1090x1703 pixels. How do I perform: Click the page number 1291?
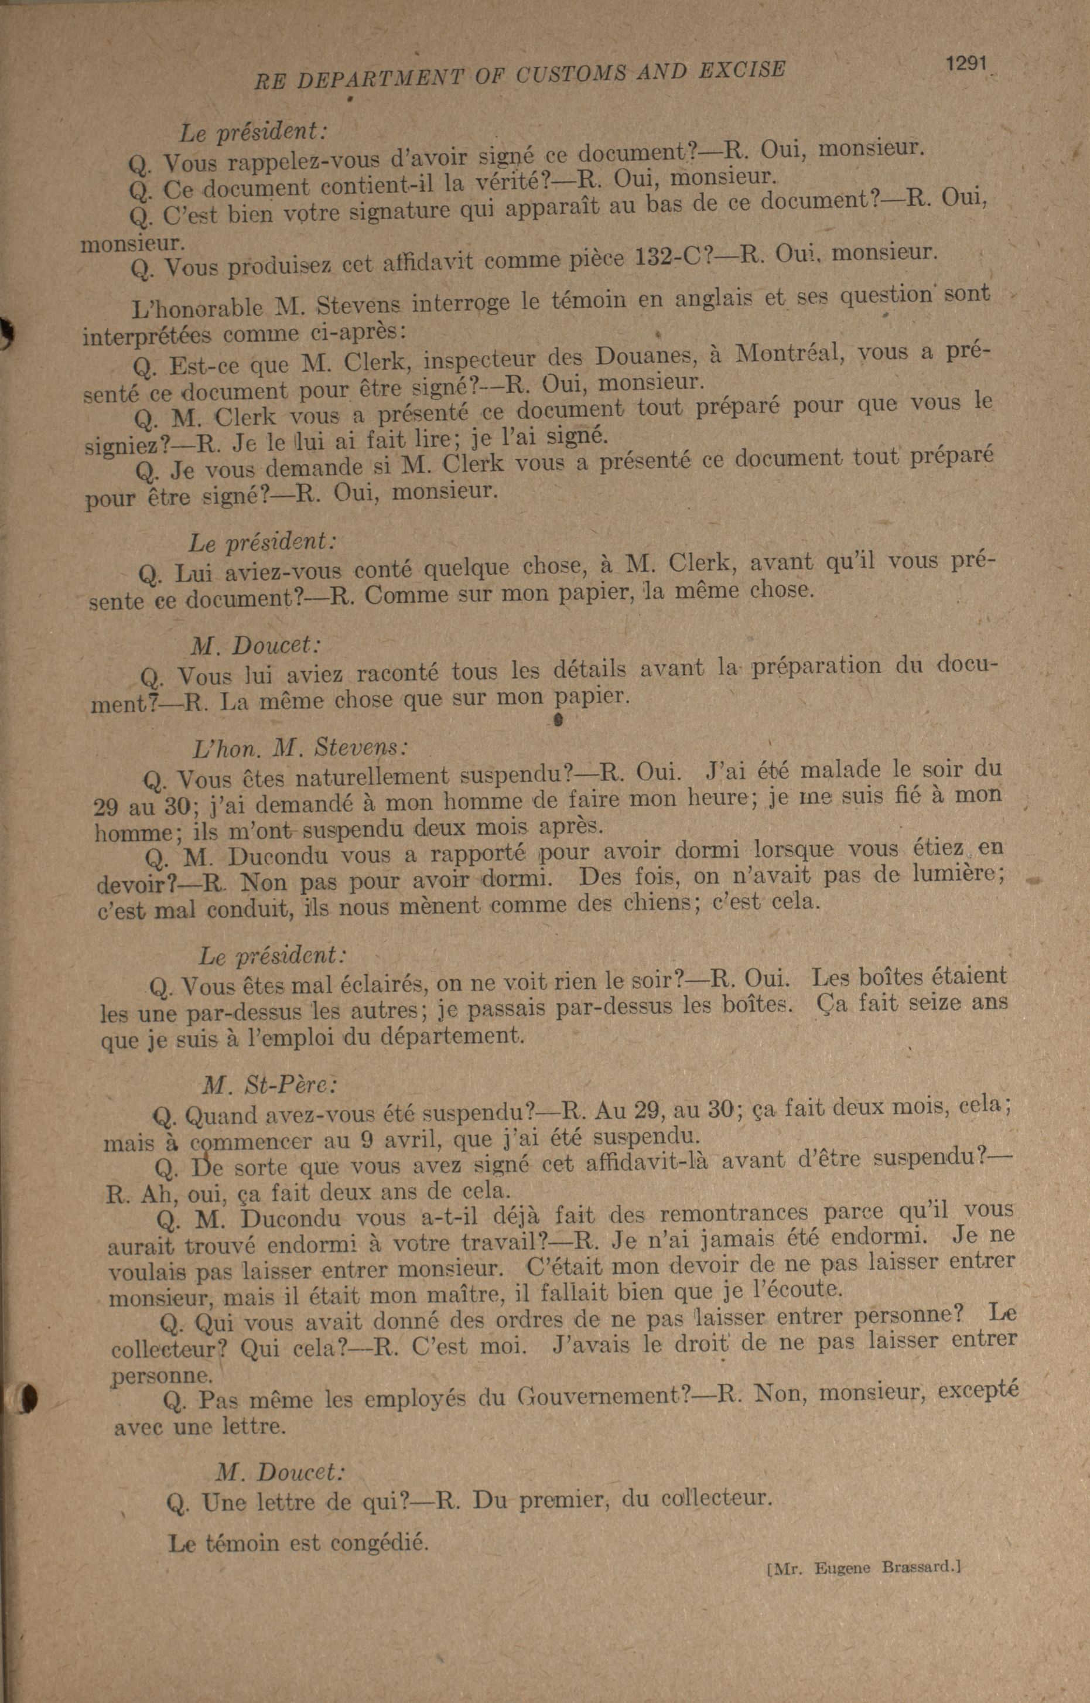(965, 63)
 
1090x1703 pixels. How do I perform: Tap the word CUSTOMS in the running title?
(570, 74)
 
